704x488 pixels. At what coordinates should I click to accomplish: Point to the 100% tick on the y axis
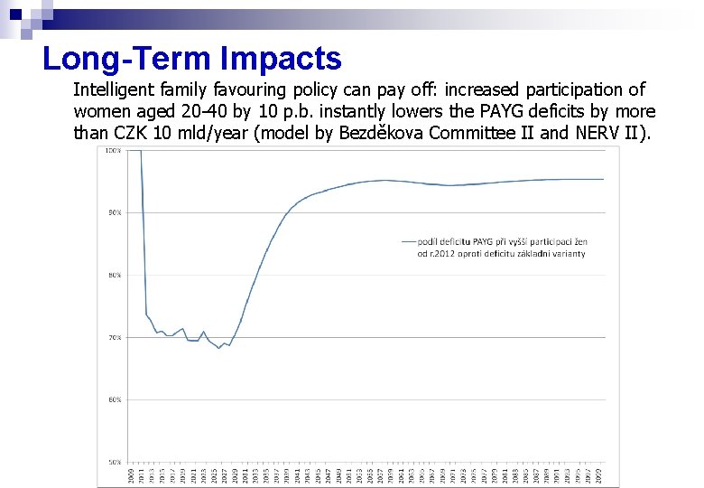coord(114,151)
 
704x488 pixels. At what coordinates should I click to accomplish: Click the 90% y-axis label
coord(114,213)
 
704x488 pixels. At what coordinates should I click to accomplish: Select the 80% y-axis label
coord(114,276)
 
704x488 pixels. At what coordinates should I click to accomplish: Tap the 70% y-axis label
coord(114,337)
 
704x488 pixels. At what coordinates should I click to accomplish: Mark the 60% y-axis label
coord(114,399)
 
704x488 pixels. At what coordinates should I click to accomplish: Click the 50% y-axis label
coord(114,462)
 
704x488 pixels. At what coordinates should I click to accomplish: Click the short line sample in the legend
coord(408,242)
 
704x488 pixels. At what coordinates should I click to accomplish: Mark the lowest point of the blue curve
coord(218,348)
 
